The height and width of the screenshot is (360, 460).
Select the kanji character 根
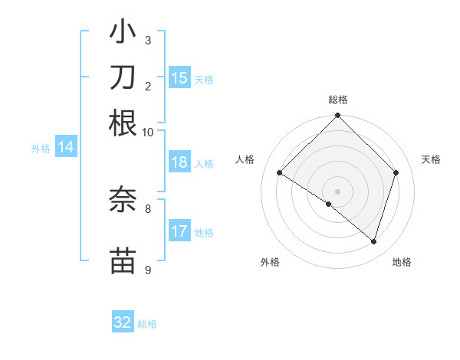(123, 123)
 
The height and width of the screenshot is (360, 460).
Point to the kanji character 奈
(123, 198)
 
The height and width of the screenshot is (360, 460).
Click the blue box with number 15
(179, 78)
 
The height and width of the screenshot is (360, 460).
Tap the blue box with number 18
(179, 162)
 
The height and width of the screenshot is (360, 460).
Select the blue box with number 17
(179, 231)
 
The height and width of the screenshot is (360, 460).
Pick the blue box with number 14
(66, 148)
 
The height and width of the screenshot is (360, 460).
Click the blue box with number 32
(123, 322)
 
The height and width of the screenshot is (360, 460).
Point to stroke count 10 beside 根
(147, 133)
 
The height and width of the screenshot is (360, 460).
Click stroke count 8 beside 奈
(147, 208)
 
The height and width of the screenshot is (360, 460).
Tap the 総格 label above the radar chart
(338, 100)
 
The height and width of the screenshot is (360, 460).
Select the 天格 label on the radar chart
(431, 159)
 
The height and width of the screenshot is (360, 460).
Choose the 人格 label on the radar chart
(245, 159)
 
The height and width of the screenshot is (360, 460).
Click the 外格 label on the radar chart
(270, 262)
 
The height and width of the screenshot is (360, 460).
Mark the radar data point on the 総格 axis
(338, 116)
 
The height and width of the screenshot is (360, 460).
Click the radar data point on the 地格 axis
(373, 242)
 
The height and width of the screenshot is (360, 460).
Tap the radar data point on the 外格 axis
(329, 205)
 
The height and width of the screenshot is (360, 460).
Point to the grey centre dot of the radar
(338, 191)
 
